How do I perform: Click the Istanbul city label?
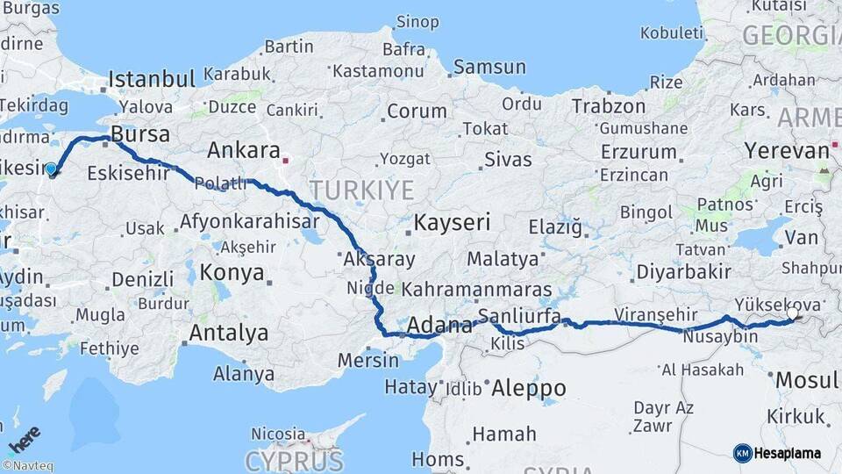point(152,80)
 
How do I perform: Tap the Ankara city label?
point(243,150)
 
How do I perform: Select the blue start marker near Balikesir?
point(51,169)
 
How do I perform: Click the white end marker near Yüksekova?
point(793,313)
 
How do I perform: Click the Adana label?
point(439,327)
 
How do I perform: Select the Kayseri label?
point(452,222)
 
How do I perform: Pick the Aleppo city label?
point(528,387)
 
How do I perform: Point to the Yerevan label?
point(787,150)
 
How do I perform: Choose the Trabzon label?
point(608,106)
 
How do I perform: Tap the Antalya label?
point(229,334)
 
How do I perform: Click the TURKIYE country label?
point(360,190)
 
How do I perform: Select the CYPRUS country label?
point(294,460)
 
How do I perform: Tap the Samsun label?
point(489,67)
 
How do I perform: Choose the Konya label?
point(232,272)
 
